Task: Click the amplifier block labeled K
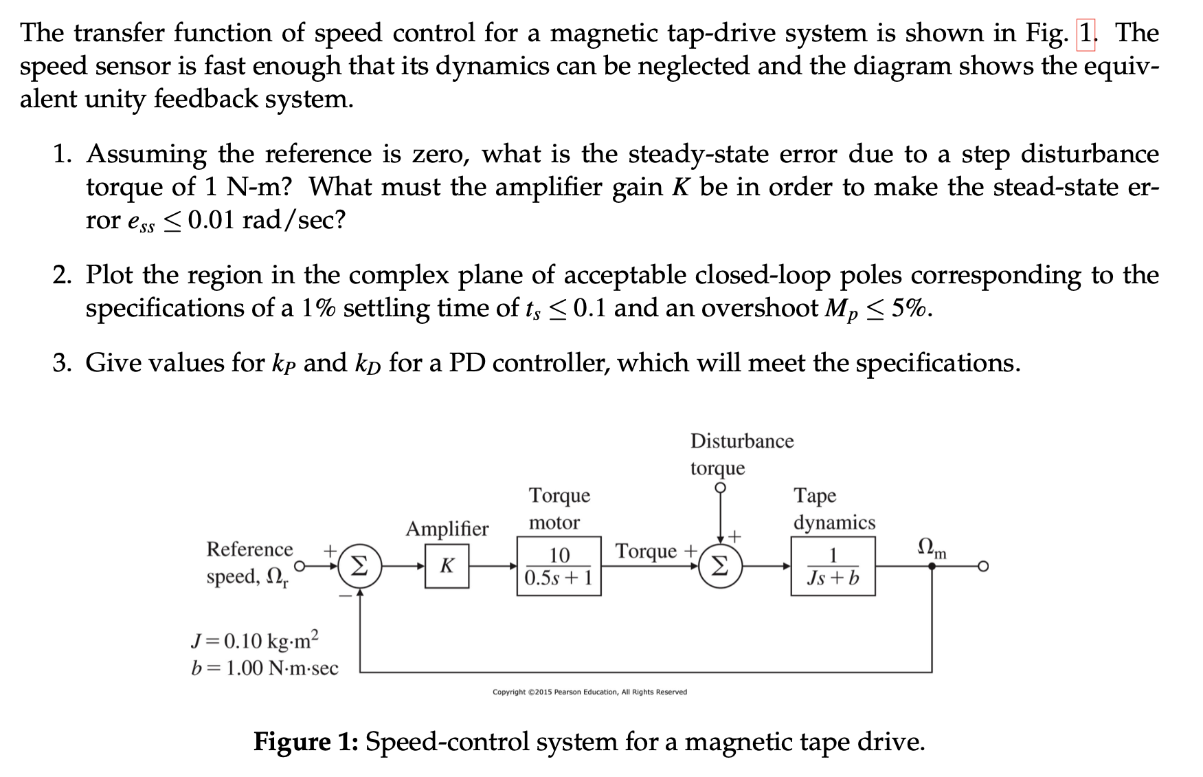447,566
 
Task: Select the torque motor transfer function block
559,566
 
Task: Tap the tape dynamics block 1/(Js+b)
833,566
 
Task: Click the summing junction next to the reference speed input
359,566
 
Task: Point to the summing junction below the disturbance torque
719,566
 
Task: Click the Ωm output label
932,548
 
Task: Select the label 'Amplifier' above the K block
447,528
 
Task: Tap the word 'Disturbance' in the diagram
741,441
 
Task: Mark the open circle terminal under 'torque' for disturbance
720,488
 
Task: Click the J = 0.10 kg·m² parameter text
255,640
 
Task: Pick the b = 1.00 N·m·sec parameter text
265,668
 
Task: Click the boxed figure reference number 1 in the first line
1086,33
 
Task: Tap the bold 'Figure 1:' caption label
305,742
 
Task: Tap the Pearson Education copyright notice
589,692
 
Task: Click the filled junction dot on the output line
932,567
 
